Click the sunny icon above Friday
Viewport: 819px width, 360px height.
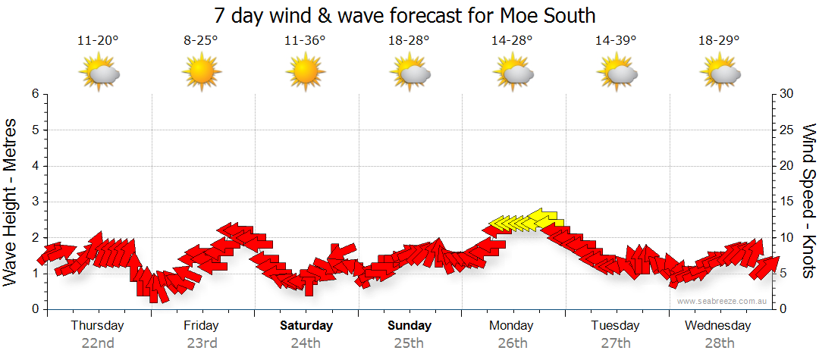tap(201, 73)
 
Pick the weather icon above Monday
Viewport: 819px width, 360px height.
tap(513, 73)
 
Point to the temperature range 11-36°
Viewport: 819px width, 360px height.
tap(305, 41)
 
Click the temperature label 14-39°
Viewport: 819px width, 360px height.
tap(616, 41)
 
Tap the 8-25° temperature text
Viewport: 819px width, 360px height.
tap(201, 41)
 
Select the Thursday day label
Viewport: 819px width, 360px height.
tap(98, 325)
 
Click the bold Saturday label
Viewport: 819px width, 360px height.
tap(306, 325)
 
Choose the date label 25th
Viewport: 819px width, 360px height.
tap(409, 343)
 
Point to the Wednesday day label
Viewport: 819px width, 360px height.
tap(717, 325)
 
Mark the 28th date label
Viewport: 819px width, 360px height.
tap(717, 343)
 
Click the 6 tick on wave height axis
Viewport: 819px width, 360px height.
tap(35, 94)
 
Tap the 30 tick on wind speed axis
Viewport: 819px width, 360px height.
tap(786, 94)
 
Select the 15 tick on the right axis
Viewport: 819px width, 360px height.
tap(786, 202)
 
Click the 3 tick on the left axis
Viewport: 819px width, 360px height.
tap(35, 202)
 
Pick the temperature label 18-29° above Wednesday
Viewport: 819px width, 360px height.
tap(719, 41)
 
